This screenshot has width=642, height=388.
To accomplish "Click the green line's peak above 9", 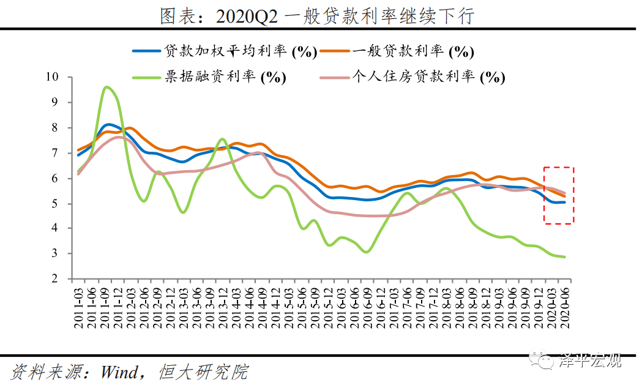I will pos(106,88).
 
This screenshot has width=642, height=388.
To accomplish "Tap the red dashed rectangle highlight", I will pos(559,195).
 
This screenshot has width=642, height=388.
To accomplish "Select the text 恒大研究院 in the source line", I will pos(203,371).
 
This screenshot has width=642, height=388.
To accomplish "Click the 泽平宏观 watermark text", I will pos(591,361).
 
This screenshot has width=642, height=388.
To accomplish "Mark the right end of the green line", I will pos(564,257).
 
